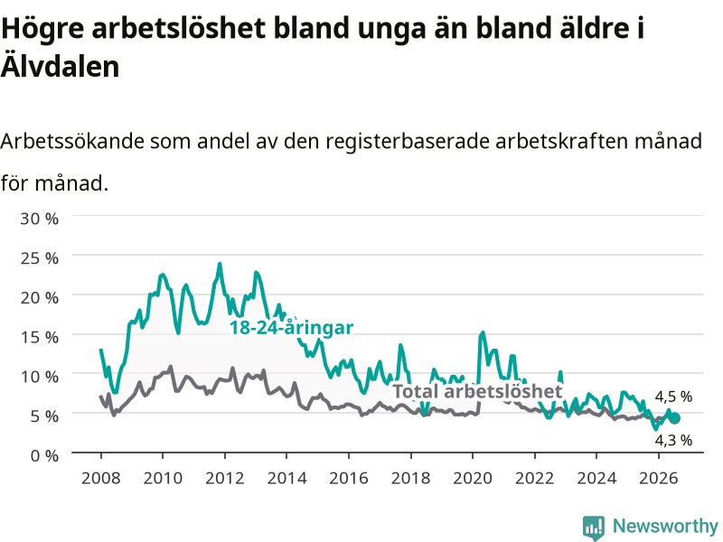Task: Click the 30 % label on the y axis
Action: [x=39, y=219]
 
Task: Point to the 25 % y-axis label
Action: [x=39, y=258]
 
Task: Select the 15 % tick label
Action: [x=39, y=337]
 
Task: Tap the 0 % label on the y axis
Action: [x=44, y=456]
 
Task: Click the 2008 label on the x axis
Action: [x=101, y=478]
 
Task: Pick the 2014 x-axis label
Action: [x=286, y=478]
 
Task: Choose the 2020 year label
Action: [x=473, y=478]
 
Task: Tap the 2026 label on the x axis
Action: [x=659, y=478]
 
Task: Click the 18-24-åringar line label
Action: [x=291, y=327]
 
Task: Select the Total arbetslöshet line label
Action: [x=478, y=391]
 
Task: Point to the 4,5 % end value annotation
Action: [x=673, y=397]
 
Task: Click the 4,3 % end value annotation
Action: [x=673, y=440]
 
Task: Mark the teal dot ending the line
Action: [x=675, y=418]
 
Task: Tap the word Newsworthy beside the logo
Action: [x=665, y=526]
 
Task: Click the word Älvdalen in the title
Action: [x=60, y=66]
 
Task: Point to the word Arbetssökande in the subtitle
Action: [x=73, y=141]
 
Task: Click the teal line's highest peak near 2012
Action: [x=220, y=264]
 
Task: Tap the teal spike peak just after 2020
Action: [x=483, y=332]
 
